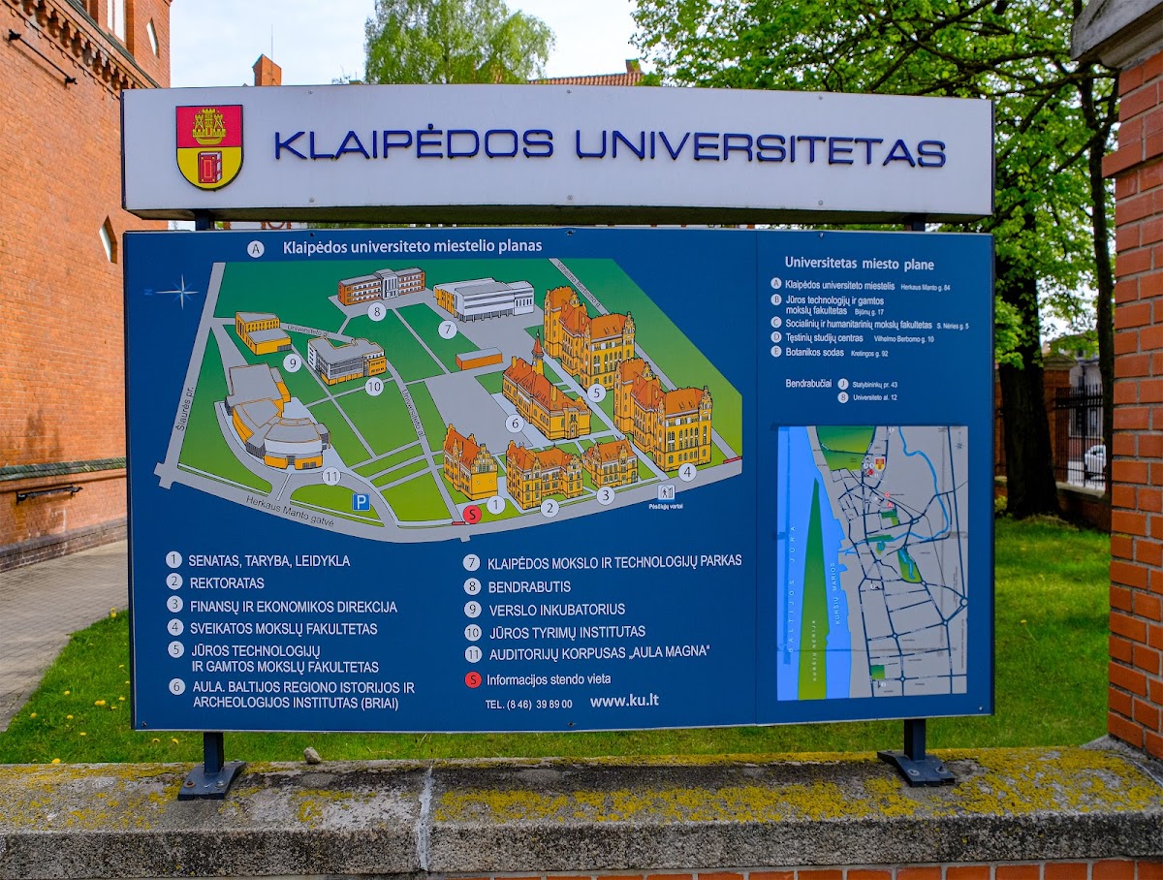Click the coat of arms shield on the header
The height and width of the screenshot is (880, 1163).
[x=209, y=146]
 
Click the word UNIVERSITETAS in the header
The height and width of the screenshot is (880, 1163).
[x=760, y=146]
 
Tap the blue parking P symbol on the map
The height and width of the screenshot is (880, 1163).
[x=361, y=501]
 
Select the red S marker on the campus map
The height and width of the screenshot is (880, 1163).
[x=471, y=515]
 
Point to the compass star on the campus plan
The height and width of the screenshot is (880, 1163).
[x=179, y=290]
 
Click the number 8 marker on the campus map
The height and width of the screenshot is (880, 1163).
[x=376, y=311]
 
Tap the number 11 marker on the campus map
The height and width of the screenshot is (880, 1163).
[x=331, y=476]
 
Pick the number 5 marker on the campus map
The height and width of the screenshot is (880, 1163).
[x=596, y=393]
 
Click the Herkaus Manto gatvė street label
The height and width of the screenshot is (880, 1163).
[x=291, y=520]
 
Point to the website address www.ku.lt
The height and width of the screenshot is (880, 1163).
[x=624, y=701]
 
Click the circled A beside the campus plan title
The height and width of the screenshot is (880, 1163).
[x=256, y=249]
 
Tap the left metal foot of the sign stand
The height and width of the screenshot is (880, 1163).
[x=211, y=774]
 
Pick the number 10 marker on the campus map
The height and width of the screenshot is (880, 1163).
[x=374, y=386]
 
